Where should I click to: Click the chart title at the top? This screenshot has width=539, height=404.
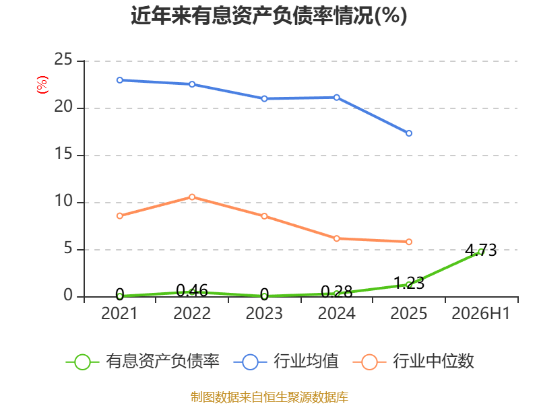click(x=269, y=15)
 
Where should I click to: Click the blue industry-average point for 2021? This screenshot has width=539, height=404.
click(x=120, y=80)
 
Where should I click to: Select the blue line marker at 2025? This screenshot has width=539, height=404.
click(x=409, y=133)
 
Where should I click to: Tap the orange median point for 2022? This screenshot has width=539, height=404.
click(x=192, y=197)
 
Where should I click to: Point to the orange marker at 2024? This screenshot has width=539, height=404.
click(x=336, y=238)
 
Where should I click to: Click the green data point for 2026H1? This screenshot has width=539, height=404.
click(x=481, y=252)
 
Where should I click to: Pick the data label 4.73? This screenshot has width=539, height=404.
click(x=481, y=250)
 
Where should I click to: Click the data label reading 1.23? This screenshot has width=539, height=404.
click(x=409, y=283)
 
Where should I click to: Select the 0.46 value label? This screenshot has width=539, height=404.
click(x=192, y=291)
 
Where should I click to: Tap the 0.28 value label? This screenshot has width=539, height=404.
click(x=336, y=292)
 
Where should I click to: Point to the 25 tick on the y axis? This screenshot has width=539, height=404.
click(x=63, y=59)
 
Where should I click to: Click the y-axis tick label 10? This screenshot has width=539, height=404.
click(x=63, y=201)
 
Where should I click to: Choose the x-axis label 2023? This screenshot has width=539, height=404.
click(x=264, y=313)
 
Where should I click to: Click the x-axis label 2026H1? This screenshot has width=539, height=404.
click(x=480, y=313)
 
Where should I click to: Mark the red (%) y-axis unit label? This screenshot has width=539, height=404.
click(x=42, y=85)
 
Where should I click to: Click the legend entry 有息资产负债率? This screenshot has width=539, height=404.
click(x=142, y=362)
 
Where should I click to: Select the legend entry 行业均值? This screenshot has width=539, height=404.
click(x=286, y=362)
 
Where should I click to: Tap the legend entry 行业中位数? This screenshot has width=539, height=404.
click(x=414, y=362)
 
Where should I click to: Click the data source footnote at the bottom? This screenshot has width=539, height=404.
click(x=269, y=397)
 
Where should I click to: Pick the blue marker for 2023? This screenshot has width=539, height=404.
click(x=264, y=98)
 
